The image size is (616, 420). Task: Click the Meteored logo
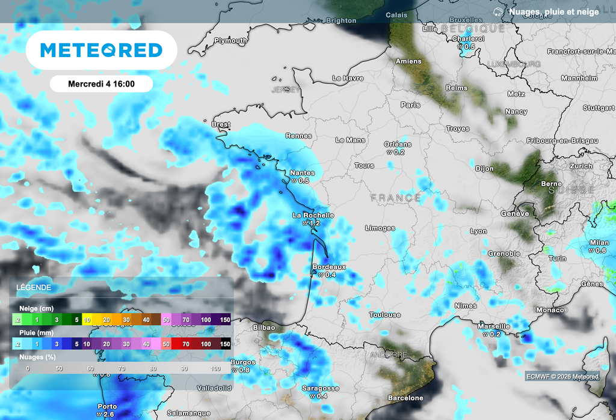101,50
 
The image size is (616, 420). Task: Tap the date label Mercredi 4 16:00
101,84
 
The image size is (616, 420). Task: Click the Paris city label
410,105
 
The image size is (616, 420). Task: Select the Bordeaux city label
329,267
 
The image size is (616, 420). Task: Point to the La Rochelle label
313,215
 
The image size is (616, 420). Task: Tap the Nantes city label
302,173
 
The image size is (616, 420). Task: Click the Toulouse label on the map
385,315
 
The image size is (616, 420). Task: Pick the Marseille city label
493,326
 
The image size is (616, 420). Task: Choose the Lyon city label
478,231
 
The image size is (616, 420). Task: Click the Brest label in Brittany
221,124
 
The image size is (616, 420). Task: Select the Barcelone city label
405,398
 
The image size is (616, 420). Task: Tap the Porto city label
107,406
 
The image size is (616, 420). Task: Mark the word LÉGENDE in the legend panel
34,288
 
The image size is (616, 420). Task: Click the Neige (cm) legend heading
36,308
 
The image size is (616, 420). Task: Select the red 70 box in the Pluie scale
186,344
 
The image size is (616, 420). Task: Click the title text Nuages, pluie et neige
553,11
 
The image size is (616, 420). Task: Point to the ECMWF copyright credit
562,377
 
